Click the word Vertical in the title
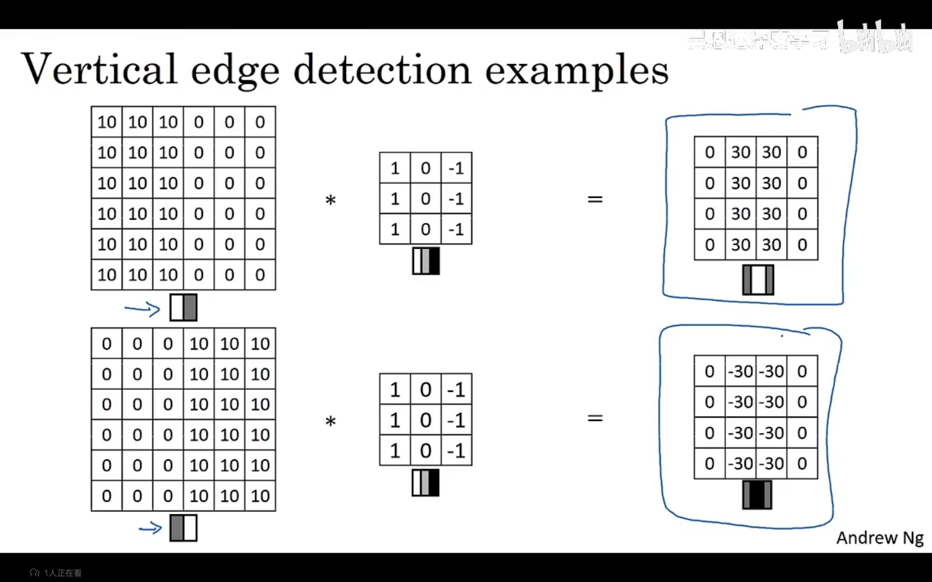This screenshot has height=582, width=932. [99, 69]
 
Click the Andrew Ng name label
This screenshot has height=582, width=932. [880, 538]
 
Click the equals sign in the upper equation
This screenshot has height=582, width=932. [595, 199]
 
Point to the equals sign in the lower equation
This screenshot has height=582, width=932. [595, 418]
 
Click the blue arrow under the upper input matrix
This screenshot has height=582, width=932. [142, 309]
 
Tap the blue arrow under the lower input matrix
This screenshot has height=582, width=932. [150, 528]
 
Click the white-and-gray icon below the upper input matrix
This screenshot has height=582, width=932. [184, 308]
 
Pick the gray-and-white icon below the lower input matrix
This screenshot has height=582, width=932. [183, 528]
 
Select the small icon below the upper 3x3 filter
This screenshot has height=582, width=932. [426, 261]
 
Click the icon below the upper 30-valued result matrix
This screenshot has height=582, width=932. [758, 280]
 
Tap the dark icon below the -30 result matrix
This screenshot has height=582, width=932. [757, 495]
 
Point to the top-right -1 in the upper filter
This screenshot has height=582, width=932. [457, 168]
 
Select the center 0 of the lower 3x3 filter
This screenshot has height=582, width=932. [426, 420]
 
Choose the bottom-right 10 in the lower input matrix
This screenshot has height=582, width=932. [260, 496]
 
